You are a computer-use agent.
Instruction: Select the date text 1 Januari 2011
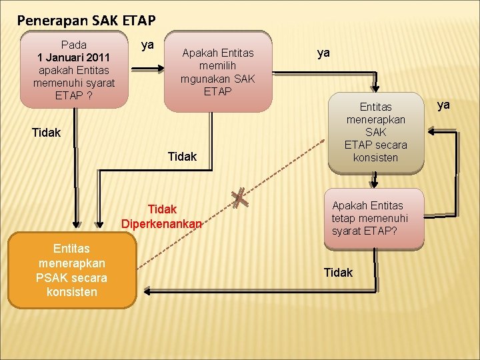click(73, 57)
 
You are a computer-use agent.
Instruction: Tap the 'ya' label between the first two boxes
click(148, 45)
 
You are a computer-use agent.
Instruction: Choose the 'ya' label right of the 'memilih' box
click(324, 53)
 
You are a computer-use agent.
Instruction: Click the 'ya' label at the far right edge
click(443, 105)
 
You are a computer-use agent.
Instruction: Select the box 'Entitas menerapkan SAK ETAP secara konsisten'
click(376, 133)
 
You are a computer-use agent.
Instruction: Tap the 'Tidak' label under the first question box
click(46, 133)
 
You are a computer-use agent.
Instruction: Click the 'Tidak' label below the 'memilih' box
click(182, 156)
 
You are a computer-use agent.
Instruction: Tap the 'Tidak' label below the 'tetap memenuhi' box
click(338, 272)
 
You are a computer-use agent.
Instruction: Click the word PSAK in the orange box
click(54, 277)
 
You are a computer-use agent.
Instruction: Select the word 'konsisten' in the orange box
click(72, 292)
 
